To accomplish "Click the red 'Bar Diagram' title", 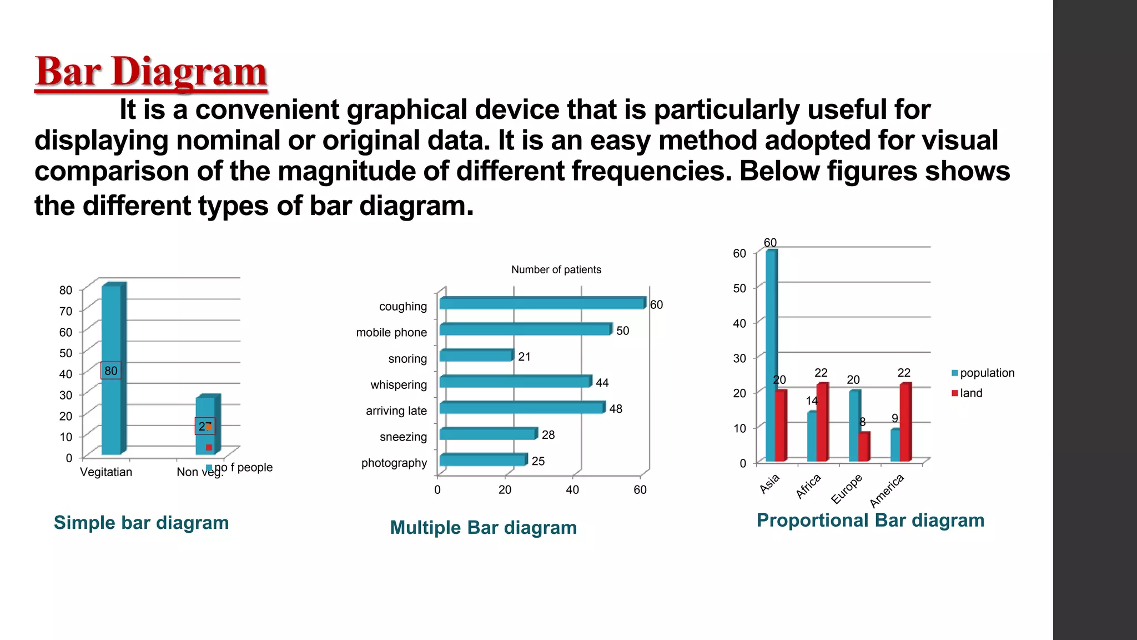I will click(x=150, y=72).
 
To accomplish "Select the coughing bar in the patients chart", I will click(x=541, y=303).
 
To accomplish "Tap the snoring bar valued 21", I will click(x=476, y=356).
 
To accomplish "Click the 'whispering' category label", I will click(x=399, y=384).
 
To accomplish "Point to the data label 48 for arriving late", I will click(x=616, y=409).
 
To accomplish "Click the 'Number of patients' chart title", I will click(x=556, y=269).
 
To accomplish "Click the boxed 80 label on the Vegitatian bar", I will click(x=111, y=371).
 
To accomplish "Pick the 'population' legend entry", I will click(x=987, y=373).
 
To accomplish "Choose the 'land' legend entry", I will click(x=970, y=393).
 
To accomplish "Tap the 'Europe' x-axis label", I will click(x=847, y=488).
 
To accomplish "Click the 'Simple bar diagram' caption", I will click(x=141, y=523).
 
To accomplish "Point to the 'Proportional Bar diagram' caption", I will click(x=870, y=521).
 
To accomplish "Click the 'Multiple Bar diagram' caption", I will click(x=483, y=528).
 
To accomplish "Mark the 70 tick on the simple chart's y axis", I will click(x=66, y=311).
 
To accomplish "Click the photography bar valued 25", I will click(x=482, y=460).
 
